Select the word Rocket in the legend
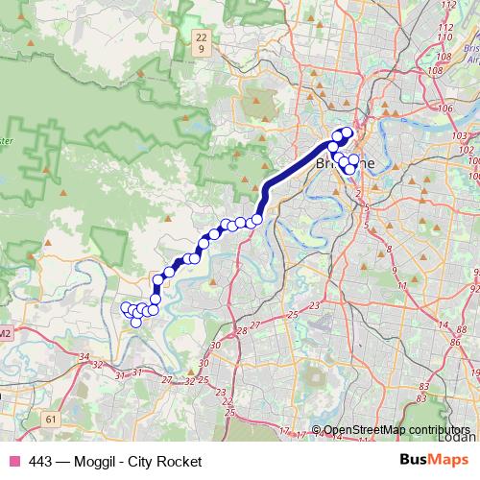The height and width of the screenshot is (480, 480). (x=180, y=463)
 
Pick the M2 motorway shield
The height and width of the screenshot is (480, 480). (x=6, y=332)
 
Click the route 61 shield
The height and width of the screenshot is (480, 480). (x=51, y=420)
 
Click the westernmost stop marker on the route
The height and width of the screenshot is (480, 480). (x=125, y=307)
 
